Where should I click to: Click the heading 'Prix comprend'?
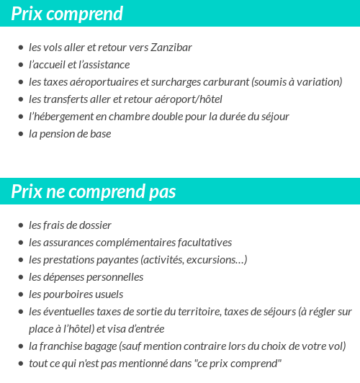pos(67,14)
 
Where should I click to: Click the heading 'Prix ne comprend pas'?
pos(94,192)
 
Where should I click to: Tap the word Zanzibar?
pos(171,48)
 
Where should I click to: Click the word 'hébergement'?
pos(65,117)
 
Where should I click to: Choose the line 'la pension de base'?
pos(70,134)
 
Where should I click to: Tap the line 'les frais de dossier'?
pos(70,225)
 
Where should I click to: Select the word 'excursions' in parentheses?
pos(216,260)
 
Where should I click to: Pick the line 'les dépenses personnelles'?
pos(86,277)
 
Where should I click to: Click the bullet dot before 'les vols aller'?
pos(20,48)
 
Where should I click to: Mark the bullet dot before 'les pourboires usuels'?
pos(20,295)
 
